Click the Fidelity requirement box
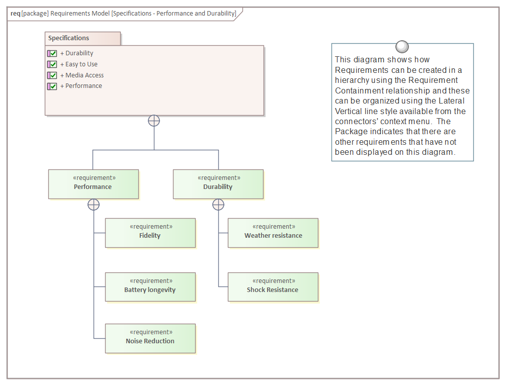150,233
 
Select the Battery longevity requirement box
150,287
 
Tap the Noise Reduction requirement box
150,338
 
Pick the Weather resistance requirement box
273,233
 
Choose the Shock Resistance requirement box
273,287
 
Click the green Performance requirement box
94,184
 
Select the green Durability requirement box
218,184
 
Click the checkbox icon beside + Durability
52,53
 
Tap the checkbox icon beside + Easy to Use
52,64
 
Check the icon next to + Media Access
52,75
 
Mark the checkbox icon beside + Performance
52,86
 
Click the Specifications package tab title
69,38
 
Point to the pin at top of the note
402,47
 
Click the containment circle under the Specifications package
154,121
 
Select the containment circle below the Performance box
94,205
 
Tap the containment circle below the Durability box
218,205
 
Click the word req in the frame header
15,13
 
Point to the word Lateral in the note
452,101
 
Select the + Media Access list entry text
82,75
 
